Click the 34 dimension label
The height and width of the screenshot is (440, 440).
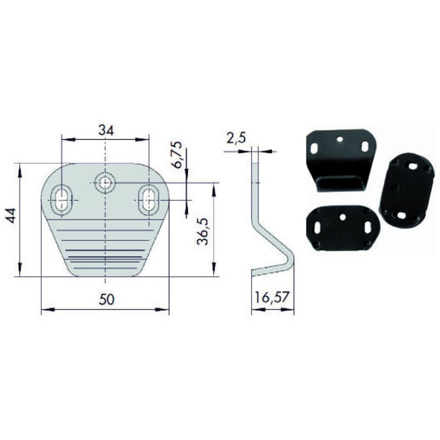click(106, 130)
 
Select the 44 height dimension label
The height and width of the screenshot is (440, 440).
click(11, 216)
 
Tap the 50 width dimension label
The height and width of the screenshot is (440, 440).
click(107, 299)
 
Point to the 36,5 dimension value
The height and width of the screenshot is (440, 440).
click(202, 232)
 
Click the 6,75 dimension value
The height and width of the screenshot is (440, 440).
click(177, 155)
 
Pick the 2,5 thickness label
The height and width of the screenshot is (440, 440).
click(236, 139)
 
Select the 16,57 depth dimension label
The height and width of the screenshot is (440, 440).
click(271, 298)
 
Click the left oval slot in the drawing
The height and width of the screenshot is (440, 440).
click(62, 200)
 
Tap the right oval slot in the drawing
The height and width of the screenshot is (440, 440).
click(148, 200)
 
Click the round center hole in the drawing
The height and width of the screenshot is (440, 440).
click(105, 183)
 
